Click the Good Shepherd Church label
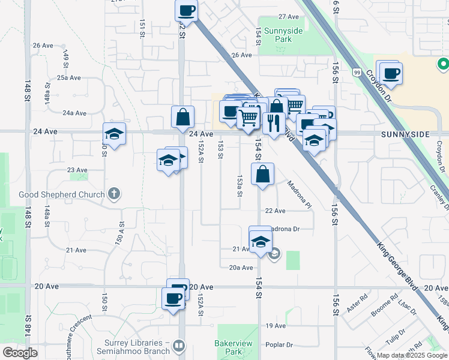[x=62, y=194]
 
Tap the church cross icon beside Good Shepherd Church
[x=114, y=194]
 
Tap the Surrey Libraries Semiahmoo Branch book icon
[x=178, y=346]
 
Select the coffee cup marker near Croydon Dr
[x=391, y=74]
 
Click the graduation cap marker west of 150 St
[x=114, y=134]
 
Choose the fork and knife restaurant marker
[x=274, y=123]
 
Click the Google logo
[x=19, y=353]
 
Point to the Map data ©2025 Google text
[x=412, y=355]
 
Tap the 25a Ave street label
[x=69, y=78]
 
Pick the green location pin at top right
[x=444, y=63]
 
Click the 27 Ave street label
[x=288, y=17]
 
